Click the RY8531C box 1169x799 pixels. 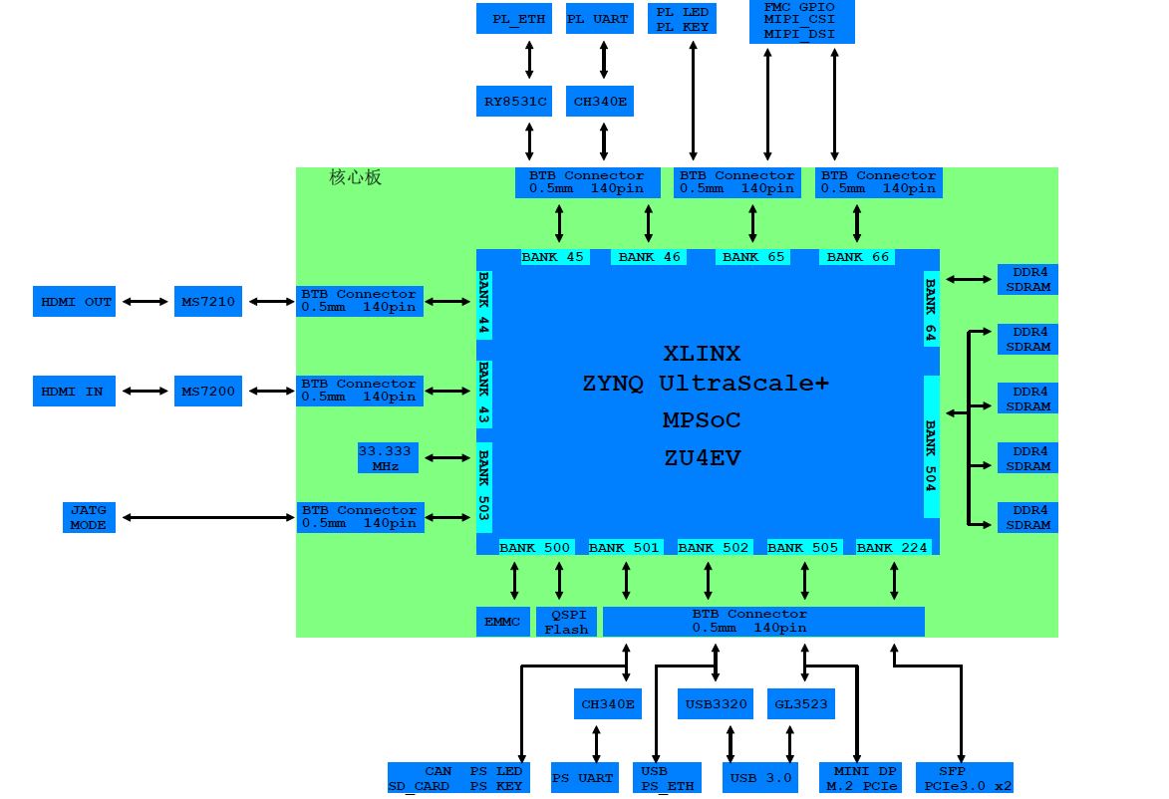point(513,102)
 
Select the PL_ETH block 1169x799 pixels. point(514,19)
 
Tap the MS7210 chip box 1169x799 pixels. point(208,301)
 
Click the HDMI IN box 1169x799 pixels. point(74,391)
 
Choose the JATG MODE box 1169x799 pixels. point(88,517)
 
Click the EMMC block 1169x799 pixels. point(502,622)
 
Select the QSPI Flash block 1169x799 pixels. point(566,622)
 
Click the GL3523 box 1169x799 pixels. point(801,704)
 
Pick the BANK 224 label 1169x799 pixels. point(892,547)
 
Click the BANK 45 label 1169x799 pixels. point(553,257)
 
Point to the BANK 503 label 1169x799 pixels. point(484,485)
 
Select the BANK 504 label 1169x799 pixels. point(931,446)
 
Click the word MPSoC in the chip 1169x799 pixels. point(702,420)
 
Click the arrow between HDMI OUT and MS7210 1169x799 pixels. point(145,301)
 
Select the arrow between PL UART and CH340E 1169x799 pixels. point(603,60)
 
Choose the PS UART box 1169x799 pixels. point(583,778)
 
